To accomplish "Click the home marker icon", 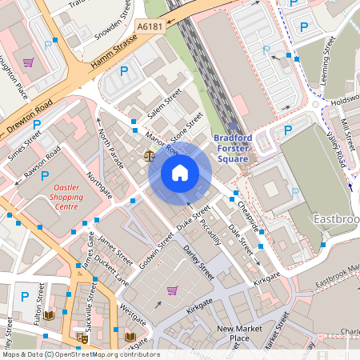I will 180,172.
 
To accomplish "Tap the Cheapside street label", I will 248,214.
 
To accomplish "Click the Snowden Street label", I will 114,20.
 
